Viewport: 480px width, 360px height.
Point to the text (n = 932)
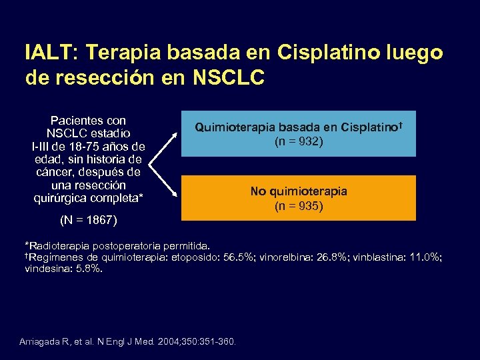pos(299,141)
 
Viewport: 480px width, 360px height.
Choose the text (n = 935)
pos(299,207)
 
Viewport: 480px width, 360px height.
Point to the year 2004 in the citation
pos(171,343)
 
